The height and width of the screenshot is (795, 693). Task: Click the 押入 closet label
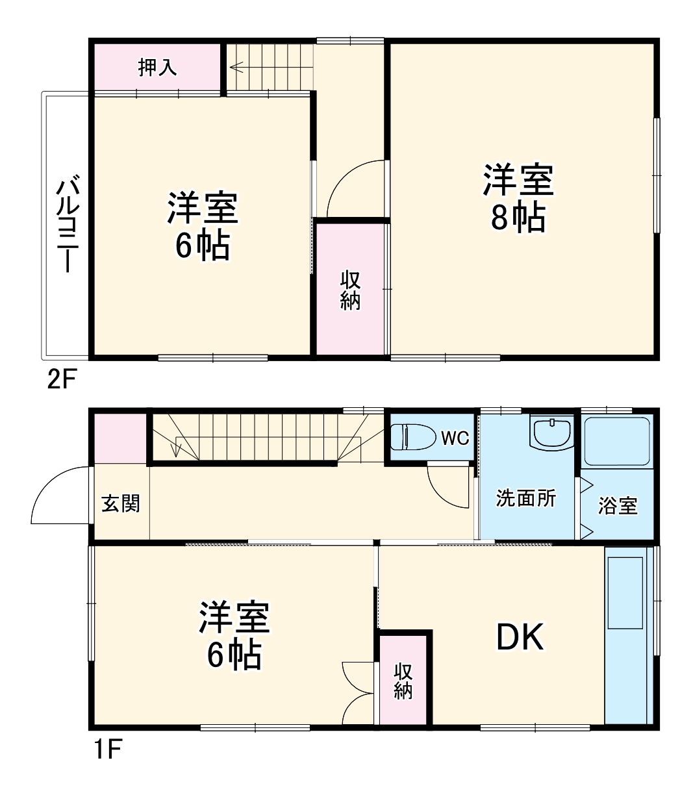click(158, 67)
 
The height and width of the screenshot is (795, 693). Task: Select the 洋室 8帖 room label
click(518, 198)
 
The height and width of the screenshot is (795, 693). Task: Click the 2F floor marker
click(62, 379)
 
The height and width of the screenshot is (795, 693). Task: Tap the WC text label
click(455, 438)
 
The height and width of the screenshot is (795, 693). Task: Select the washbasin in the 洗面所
click(551, 433)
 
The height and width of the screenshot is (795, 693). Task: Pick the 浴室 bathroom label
click(618, 506)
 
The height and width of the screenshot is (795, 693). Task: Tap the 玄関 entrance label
click(121, 503)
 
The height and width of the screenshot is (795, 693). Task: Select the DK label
click(520, 638)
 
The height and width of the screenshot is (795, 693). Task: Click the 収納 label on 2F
click(351, 290)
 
